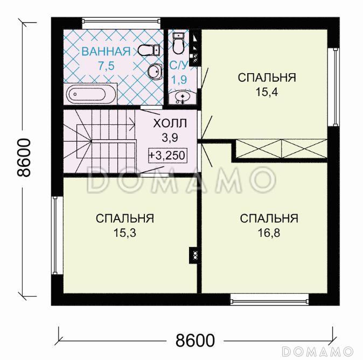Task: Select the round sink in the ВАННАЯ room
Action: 153,70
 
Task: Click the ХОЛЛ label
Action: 170,123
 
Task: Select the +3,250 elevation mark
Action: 170,156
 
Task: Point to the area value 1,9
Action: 179,80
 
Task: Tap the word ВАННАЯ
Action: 106,52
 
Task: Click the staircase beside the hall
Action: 97,140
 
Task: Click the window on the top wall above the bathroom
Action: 121,23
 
